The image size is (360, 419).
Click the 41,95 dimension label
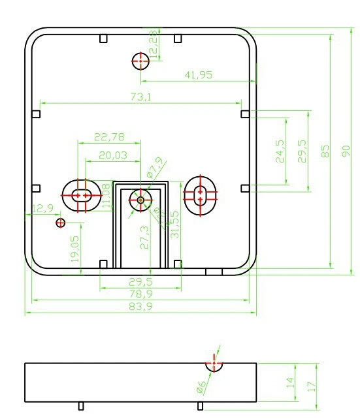pyautogui.click(x=198, y=75)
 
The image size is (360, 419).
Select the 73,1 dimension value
pyautogui.click(x=142, y=97)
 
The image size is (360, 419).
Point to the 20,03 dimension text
pyautogui.click(x=113, y=155)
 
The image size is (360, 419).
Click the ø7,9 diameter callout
pyautogui.click(x=155, y=168)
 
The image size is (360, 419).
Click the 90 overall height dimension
pyautogui.click(x=346, y=150)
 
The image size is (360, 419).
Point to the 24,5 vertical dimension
pyautogui.click(x=280, y=151)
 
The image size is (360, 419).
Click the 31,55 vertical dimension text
pyautogui.click(x=174, y=225)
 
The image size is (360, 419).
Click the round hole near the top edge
pyautogui.click(x=140, y=61)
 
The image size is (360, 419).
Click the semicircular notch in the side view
pyautogui.click(x=214, y=366)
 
